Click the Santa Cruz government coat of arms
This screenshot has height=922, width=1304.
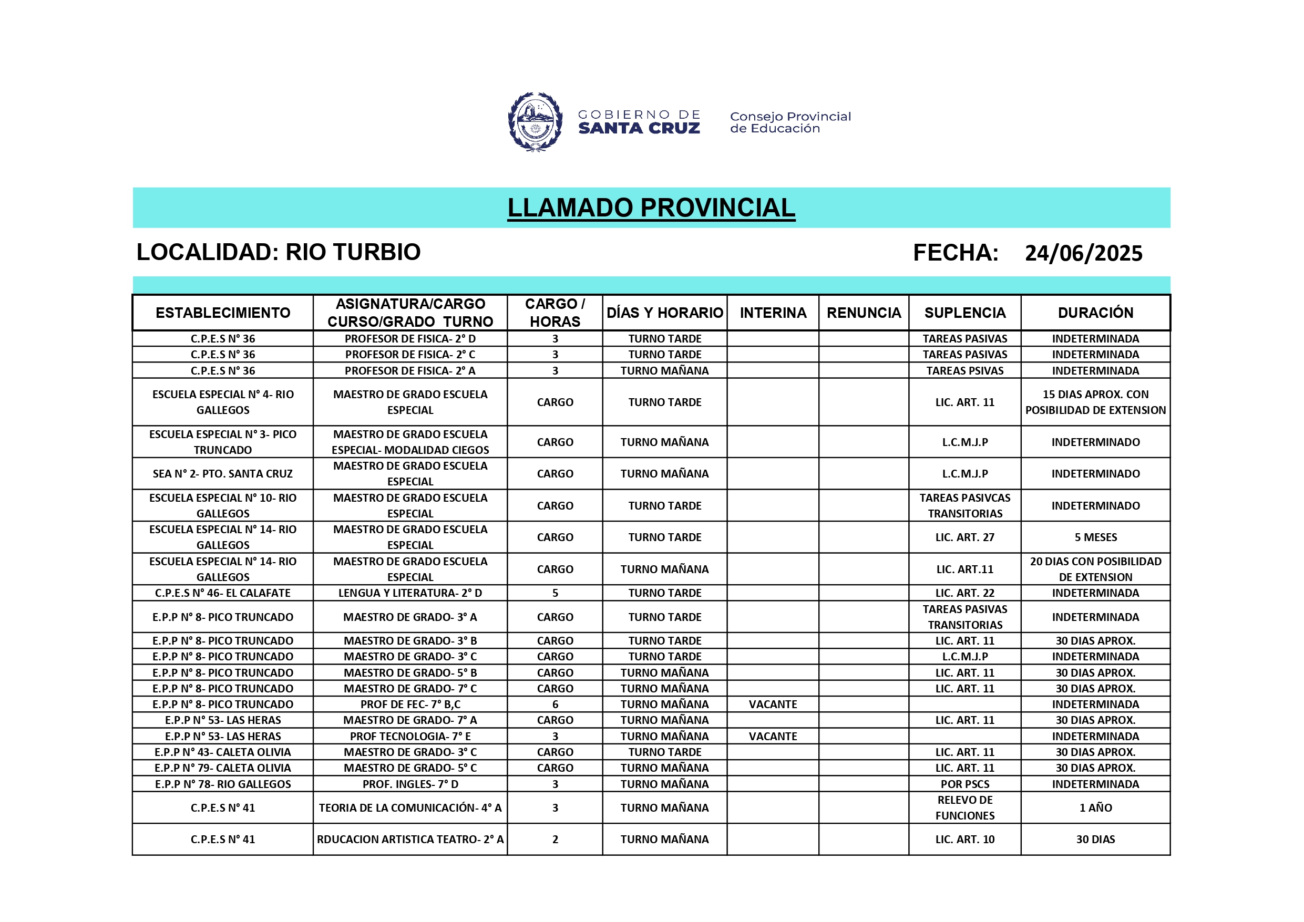coord(535,122)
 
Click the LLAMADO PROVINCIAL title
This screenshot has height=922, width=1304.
coord(651,208)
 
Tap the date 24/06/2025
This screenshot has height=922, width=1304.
coord(1083,253)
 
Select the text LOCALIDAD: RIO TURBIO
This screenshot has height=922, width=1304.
coord(278,252)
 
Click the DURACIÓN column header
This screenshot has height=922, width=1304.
coord(1095,313)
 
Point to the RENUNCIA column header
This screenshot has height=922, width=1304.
coord(863,313)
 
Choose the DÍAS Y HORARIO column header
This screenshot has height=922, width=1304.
coord(664,313)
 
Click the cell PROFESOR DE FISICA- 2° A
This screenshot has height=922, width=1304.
coord(410,371)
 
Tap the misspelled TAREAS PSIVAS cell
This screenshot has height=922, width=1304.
coord(964,371)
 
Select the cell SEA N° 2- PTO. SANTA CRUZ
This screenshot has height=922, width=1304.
coord(223,473)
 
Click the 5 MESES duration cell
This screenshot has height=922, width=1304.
coord(1095,537)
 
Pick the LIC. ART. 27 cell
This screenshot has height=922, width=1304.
coord(964,537)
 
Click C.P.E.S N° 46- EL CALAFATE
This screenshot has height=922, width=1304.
coord(223,593)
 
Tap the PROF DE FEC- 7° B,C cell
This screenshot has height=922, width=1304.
coord(410,704)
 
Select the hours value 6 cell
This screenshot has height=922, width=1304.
coord(555,704)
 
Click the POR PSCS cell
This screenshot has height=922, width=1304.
coord(964,784)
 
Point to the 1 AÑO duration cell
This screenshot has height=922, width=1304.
coord(1095,807)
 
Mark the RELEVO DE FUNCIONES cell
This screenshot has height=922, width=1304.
coord(964,807)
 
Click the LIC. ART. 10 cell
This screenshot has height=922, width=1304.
coord(964,839)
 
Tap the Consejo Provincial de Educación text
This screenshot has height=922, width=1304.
coord(790,122)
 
